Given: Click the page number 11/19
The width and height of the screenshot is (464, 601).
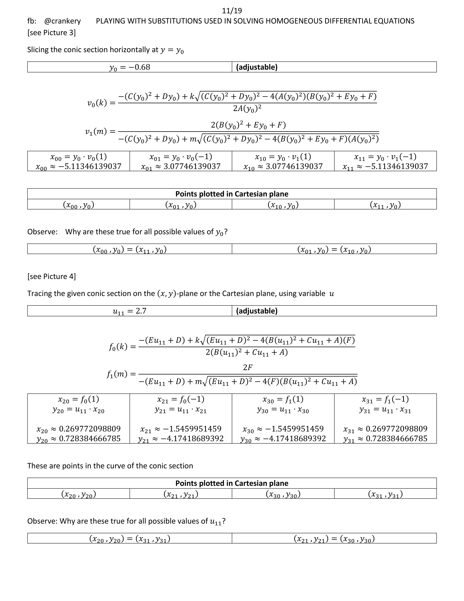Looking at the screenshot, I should coord(232,11).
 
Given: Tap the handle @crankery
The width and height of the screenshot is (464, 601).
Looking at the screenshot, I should coord(62,21).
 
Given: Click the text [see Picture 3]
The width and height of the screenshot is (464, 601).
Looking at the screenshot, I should coord(51,33).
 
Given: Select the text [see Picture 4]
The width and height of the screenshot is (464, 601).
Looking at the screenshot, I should coord(51,276).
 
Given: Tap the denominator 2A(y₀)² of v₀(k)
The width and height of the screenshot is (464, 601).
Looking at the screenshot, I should coord(247,108).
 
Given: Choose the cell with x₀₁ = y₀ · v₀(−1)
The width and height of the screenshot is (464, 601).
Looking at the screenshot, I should coord(181,157).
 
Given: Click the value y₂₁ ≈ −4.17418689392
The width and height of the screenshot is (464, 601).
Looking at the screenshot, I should coord(181,438).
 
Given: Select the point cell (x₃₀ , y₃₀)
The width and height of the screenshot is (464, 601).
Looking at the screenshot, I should coord(283,494).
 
